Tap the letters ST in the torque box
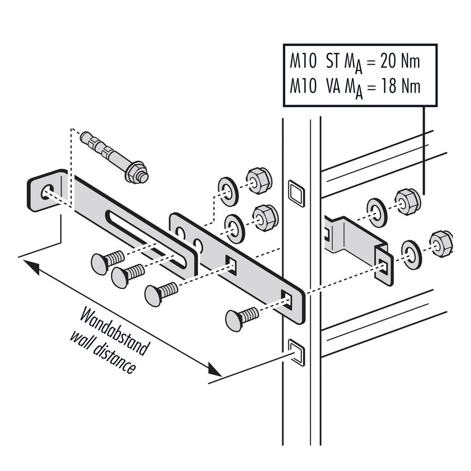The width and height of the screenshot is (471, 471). tap(332, 61)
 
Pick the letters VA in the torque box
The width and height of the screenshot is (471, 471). tap(332, 85)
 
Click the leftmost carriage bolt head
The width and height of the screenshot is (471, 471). tap(101, 262)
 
